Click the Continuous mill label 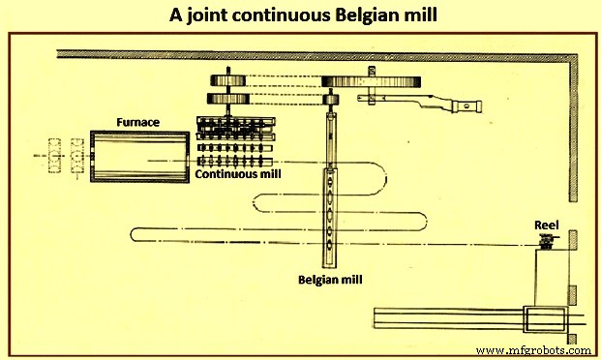[235, 176]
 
